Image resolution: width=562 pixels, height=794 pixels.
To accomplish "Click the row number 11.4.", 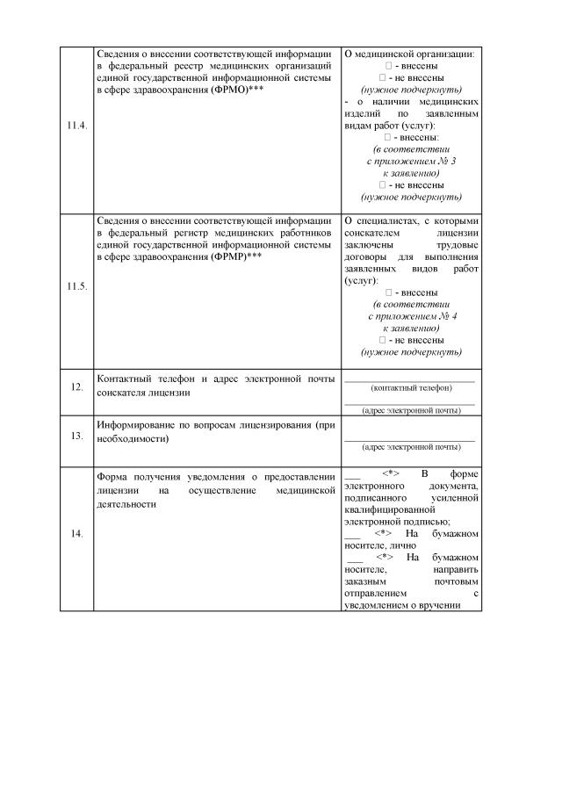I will pos(76,126).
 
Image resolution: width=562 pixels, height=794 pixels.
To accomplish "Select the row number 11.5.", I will pos(76,286).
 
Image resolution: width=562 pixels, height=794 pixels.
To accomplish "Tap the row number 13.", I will pos(76,435).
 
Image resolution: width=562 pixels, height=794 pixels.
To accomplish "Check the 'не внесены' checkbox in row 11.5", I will pos(383,340).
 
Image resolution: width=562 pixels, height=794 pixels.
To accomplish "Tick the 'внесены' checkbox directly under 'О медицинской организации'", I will pos(389,66).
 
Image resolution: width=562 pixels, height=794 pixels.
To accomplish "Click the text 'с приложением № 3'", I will pos(410,162).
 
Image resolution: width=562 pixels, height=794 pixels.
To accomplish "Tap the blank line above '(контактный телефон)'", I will pos(409,380).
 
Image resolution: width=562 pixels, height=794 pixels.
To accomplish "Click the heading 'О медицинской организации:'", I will pos(409,54).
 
